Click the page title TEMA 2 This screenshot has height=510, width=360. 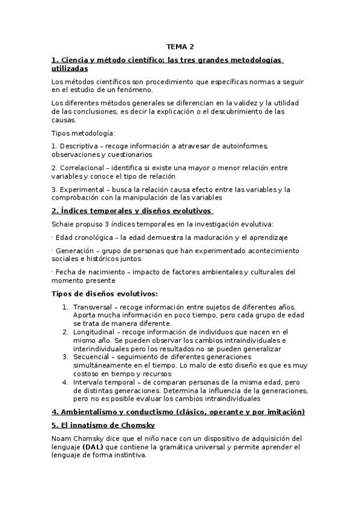(x=180, y=46)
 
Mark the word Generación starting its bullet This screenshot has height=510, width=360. (x=76, y=250)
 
